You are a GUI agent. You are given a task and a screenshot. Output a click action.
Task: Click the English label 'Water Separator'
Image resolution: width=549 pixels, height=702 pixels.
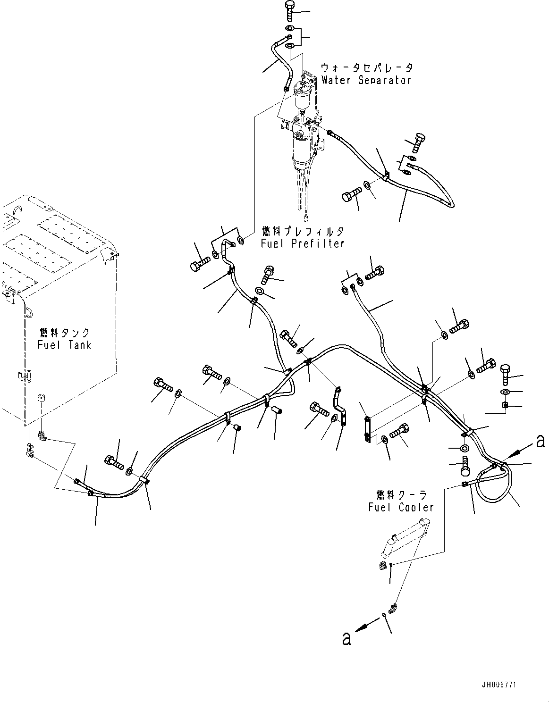(366, 80)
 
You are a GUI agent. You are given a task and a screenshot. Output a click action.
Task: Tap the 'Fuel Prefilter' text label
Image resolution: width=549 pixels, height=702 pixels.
(302, 243)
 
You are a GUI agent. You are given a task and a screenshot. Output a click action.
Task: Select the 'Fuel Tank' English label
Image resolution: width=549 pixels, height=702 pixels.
(64, 345)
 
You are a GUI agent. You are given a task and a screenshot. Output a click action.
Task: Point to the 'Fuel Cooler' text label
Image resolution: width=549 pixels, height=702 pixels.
(401, 507)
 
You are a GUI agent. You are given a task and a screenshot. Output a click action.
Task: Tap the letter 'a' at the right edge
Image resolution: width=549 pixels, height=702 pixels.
(541, 441)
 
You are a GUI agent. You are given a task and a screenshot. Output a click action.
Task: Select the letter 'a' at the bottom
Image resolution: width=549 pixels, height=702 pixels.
(347, 639)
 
